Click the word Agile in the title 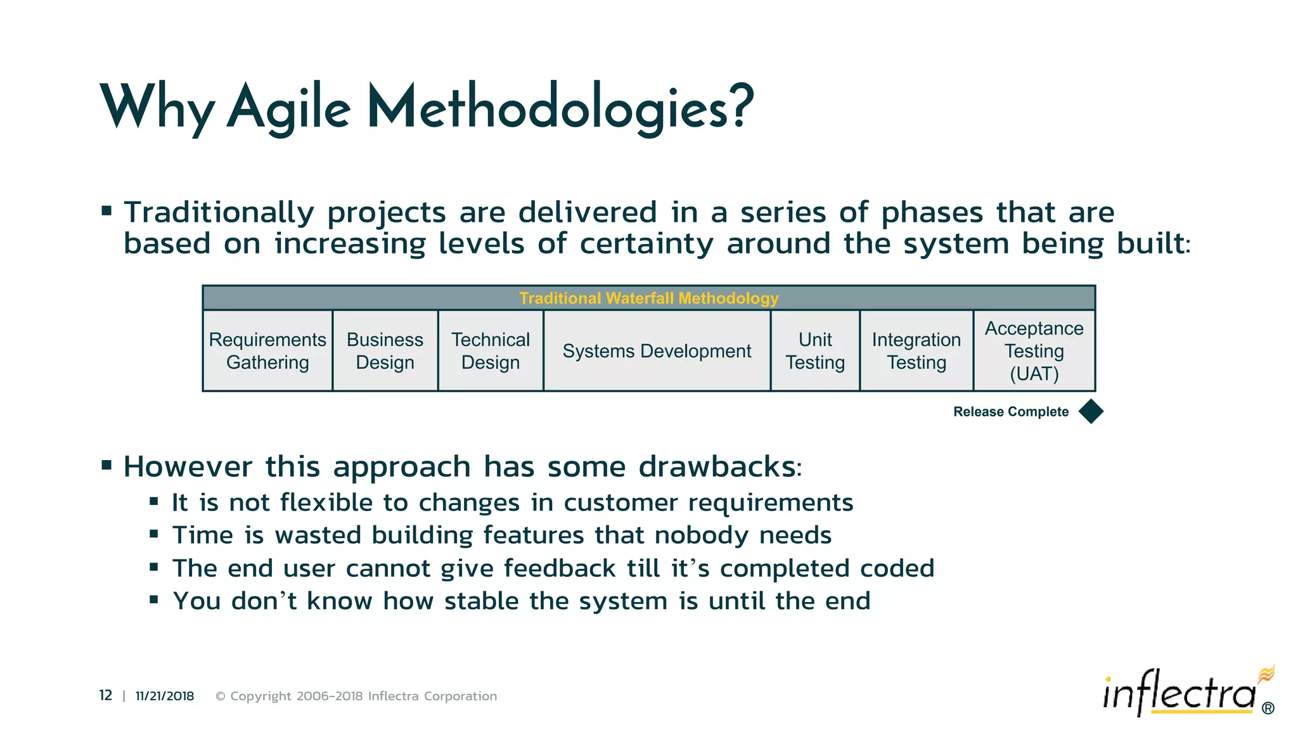coord(289,108)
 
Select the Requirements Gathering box coord(267,350)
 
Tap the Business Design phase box coord(385,350)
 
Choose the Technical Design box coord(491,350)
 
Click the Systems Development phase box coord(657,350)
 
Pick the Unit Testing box coord(815,350)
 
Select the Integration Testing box coord(916,350)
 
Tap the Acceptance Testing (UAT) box coord(1034,350)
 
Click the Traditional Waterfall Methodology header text coord(648,298)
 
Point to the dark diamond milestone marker coord(1091,411)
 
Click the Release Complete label coord(1010,412)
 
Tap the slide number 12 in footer coord(105,696)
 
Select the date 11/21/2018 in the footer coord(165,696)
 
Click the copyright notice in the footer coord(356,696)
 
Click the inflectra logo coord(1179,694)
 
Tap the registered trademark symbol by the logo coord(1268,708)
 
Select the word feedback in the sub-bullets coord(560,568)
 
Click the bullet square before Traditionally coord(106,210)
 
